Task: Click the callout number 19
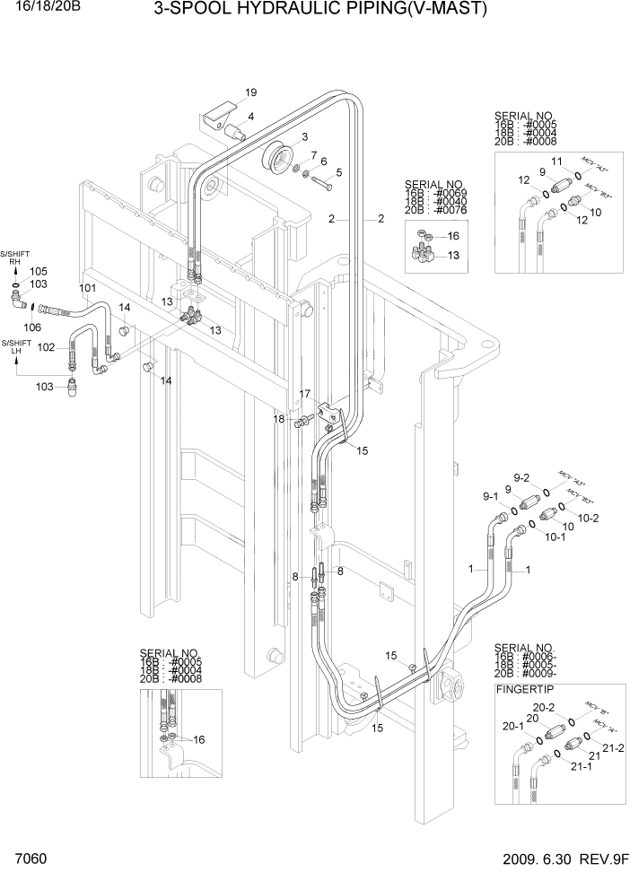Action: pyautogui.click(x=250, y=92)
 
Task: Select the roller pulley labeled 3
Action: pyautogui.click(x=278, y=161)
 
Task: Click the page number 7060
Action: pyautogui.click(x=30, y=859)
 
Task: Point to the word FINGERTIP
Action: pyautogui.click(x=526, y=689)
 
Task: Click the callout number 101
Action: pyautogui.click(x=87, y=289)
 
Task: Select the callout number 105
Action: pyautogui.click(x=39, y=271)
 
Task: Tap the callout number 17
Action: pyautogui.click(x=305, y=394)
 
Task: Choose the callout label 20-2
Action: pyautogui.click(x=545, y=709)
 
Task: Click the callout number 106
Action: pyautogui.click(x=32, y=327)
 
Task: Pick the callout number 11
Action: pyautogui.click(x=556, y=161)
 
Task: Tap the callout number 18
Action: pyautogui.click(x=279, y=419)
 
